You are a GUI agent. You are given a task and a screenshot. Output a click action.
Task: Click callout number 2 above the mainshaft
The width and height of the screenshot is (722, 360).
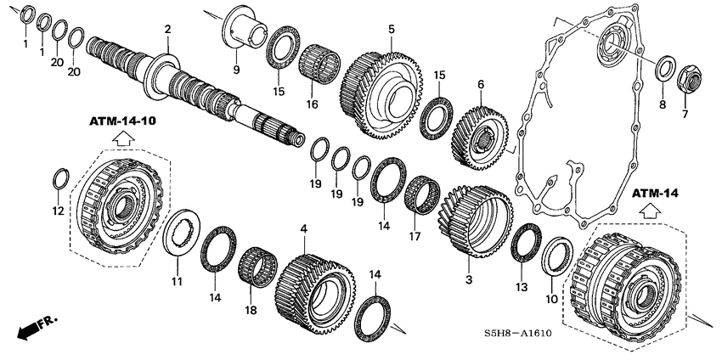tap(168, 30)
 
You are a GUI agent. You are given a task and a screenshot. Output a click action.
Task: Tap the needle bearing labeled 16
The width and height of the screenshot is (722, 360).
tap(319, 65)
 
